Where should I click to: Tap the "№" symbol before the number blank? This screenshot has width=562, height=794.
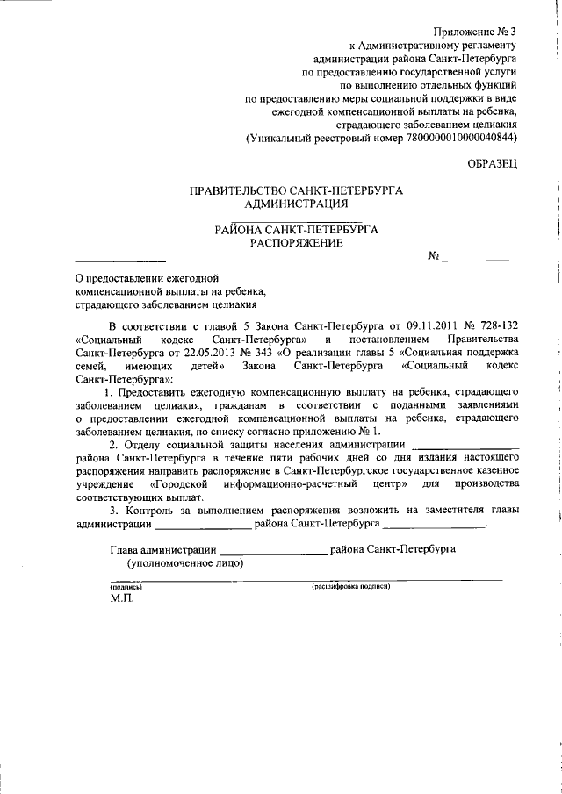point(433,257)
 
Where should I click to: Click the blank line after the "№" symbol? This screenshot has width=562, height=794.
point(475,259)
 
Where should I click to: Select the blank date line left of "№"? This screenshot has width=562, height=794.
point(119,260)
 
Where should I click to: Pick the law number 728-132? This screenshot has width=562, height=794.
point(498,324)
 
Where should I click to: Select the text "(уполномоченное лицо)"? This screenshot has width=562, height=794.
point(185,563)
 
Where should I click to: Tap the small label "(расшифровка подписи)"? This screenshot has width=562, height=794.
point(350,585)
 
